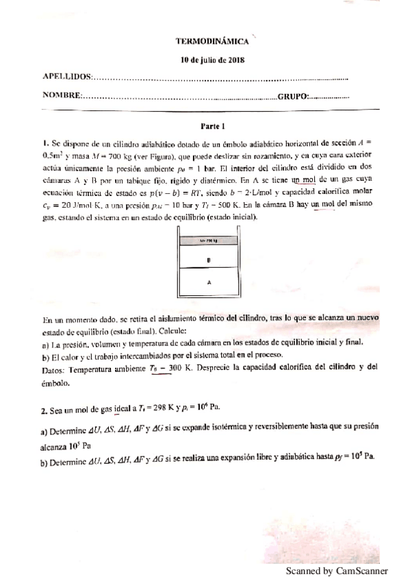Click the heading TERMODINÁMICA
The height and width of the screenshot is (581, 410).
pyautogui.click(x=211, y=42)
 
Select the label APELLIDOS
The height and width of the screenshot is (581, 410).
pyautogui.click(x=66, y=77)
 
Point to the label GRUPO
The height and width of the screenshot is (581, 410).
pyautogui.click(x=292, y=95)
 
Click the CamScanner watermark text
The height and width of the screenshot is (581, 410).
pyautogui.click(x=336, y=570)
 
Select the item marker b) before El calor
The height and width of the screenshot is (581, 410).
pyautogui.click(x=45, y=355)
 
